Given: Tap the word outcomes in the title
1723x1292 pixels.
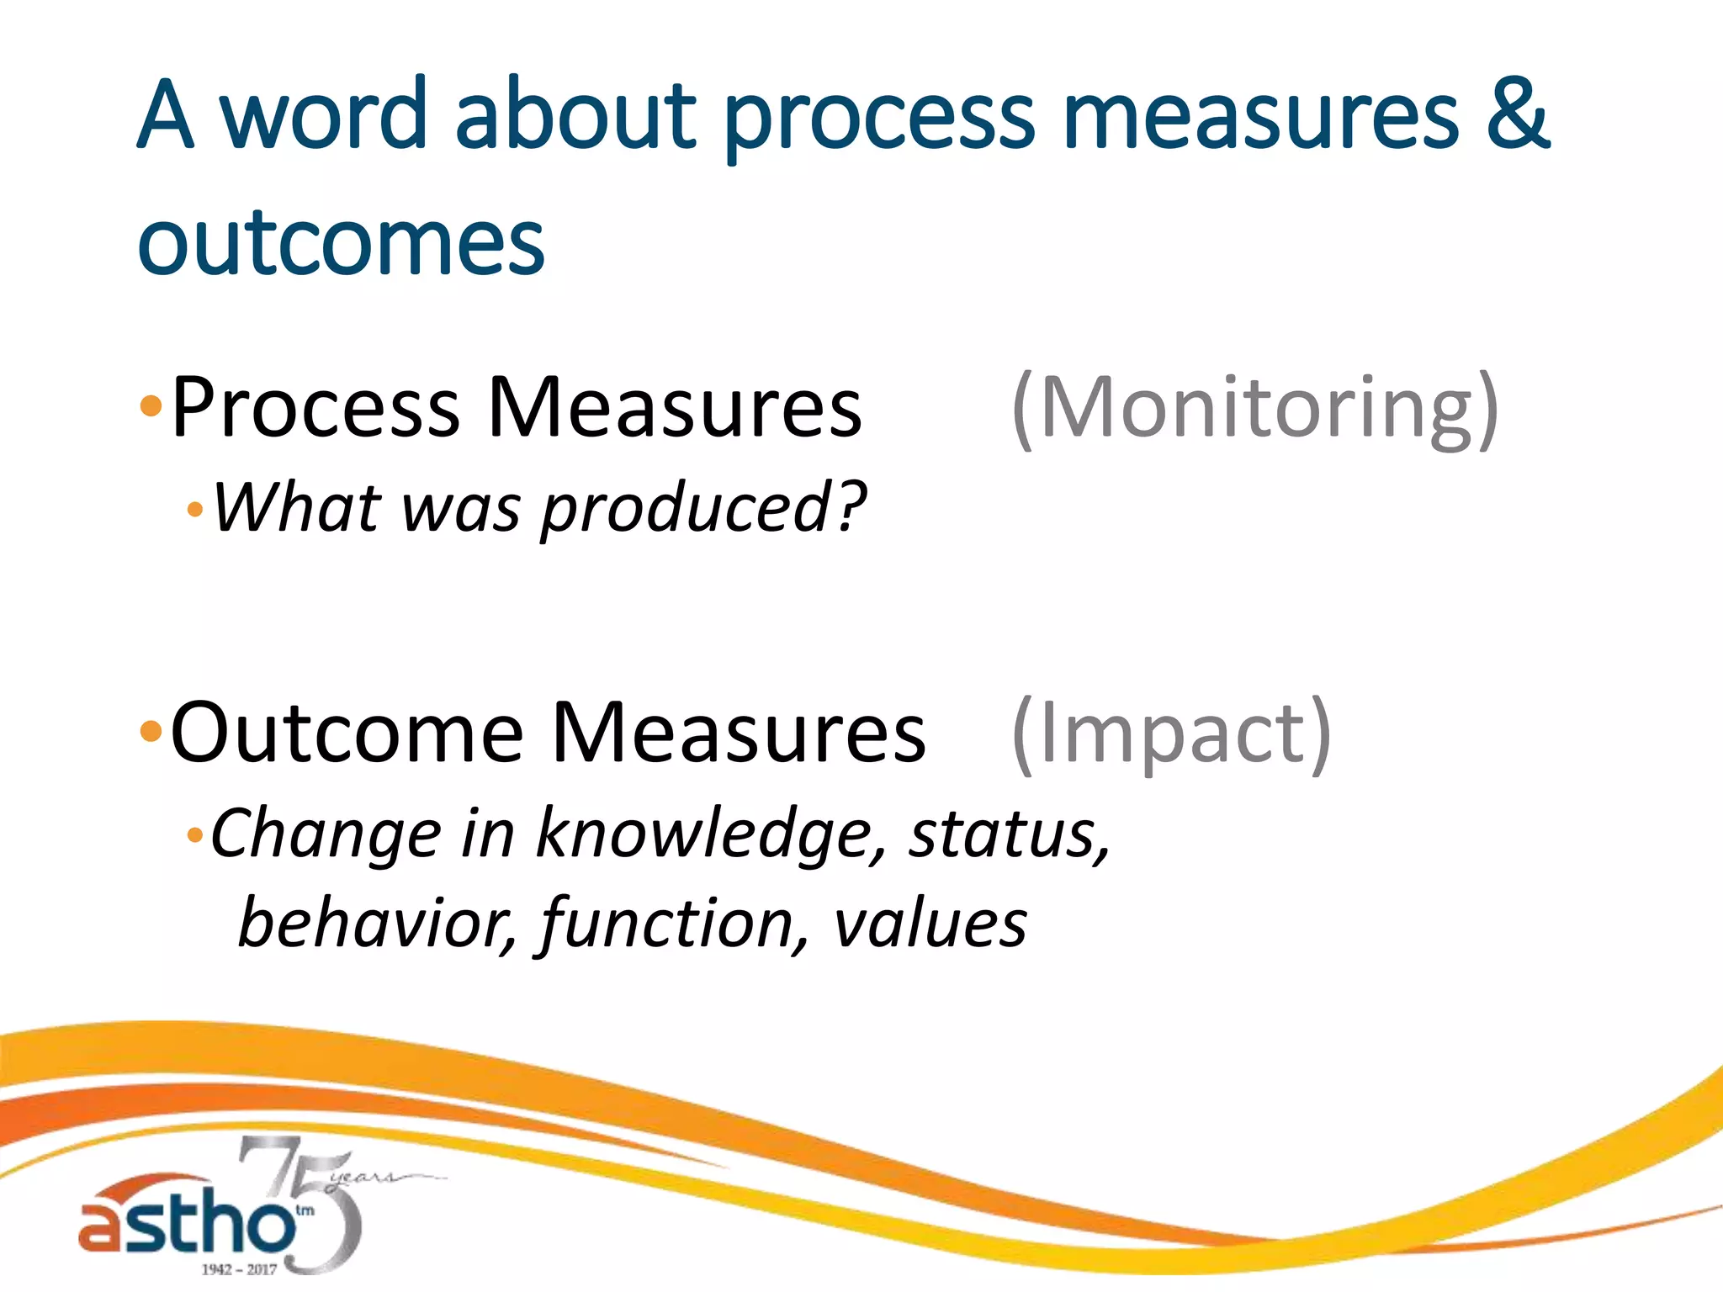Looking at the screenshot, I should [341, 244].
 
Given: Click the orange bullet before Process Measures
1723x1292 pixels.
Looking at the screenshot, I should [151, 408].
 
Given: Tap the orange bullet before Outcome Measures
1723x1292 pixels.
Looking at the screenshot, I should [151, 732].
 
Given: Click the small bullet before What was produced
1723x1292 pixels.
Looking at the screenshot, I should [195, 510].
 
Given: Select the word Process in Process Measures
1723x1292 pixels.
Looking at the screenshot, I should [315, 409].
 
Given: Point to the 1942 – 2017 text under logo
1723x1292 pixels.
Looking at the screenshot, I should [238, 1268].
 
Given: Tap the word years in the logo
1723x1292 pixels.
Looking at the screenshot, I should [362, 1177].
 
